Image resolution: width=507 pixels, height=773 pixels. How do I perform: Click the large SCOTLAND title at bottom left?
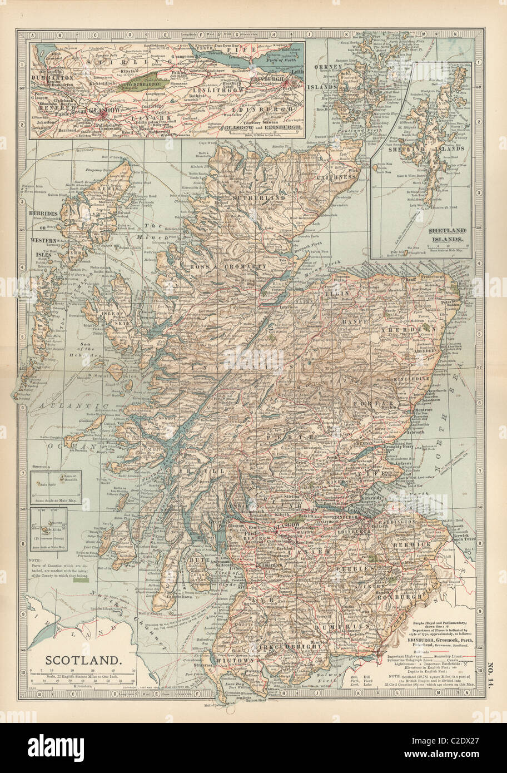[82, 661]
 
